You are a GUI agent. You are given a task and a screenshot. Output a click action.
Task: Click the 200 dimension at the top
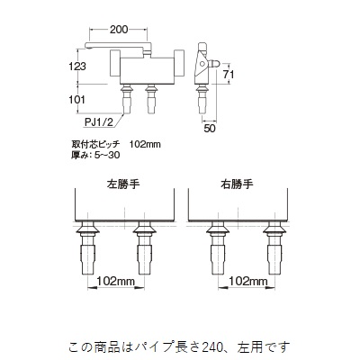119,30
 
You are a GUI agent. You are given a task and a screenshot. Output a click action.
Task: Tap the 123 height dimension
77,66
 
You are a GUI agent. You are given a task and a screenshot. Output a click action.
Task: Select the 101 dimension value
77,99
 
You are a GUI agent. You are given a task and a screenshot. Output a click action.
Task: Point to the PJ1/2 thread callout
98,122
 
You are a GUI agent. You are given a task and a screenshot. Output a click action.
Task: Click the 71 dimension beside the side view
229,74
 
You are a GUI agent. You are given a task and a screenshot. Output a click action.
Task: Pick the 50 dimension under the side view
210,129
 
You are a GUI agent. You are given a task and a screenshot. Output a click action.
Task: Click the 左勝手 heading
123,184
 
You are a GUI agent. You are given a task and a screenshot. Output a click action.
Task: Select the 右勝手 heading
237,184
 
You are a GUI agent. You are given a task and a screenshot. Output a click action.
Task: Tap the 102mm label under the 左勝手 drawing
116,281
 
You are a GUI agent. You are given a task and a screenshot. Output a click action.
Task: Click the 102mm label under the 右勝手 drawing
248,281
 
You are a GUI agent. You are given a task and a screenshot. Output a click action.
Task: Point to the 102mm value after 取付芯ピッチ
145,145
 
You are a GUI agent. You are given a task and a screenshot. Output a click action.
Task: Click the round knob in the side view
202,63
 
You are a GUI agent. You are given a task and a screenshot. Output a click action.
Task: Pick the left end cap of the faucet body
114,64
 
